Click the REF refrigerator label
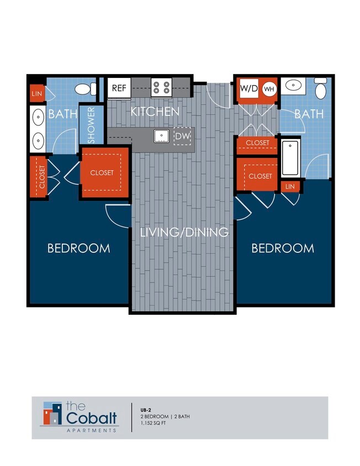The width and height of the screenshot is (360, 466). click(x=119, y=88)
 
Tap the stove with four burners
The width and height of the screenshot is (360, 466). click(x=162, y=87)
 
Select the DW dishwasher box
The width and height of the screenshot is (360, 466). click(x=182, y=136)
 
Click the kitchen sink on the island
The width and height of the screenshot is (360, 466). click(x=161, y=135)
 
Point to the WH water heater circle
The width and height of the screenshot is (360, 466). click(x=268, y=88)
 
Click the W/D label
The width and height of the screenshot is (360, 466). click(x=248, y=88)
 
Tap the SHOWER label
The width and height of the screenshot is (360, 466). click(x=91, y=125)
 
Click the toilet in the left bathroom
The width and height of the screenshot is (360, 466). click(x=83, y=89)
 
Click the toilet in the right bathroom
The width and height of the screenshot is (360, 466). click(x=320, y=88)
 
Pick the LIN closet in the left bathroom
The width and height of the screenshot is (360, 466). click(x=37, y=93)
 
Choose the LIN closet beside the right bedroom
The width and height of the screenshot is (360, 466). click(x=290, y=187)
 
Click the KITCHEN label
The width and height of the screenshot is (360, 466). click(x=155, y=112)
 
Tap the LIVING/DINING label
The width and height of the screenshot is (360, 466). click(x=184, y=232)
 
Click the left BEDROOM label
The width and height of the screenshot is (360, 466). click(x=78, y=248)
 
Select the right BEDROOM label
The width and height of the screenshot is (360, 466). click(x=283, y=248)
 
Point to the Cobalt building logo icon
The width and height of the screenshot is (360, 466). click(x=52, y=414)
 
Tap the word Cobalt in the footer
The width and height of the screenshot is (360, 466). click(x=91, y=417)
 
